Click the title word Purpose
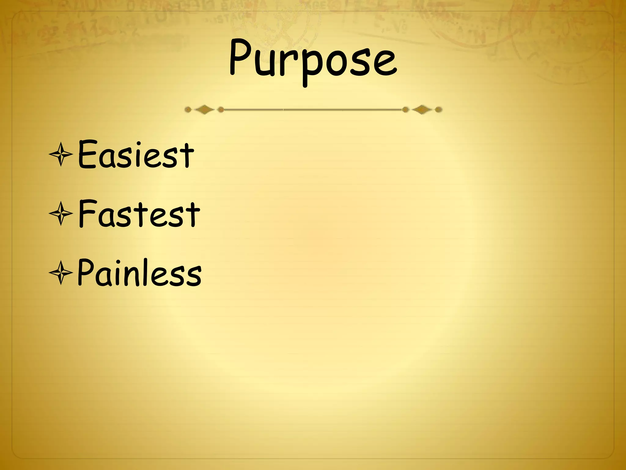[x=313, y=60]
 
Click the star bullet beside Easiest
[x=61, y=155]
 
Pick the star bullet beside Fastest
[x=61, y=214]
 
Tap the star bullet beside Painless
[x=61, y=273]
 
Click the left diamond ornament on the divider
[x=204, y=110]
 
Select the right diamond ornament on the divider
[x=422, y=110]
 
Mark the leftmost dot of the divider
[x=188, y=110]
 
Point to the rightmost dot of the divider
[x=438, y=110]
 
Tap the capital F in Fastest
[x=87, y=213]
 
